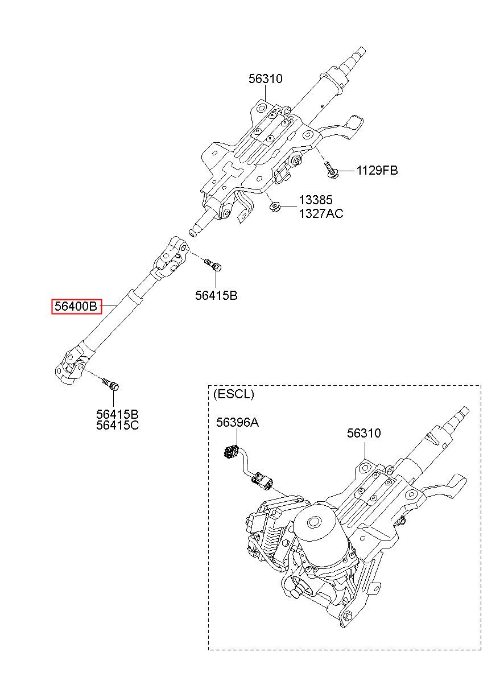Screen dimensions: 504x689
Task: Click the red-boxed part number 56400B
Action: (x=76, y=306)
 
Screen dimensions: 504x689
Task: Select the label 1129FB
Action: (x=377, y=170)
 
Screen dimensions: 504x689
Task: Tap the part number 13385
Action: (x=316, y=200)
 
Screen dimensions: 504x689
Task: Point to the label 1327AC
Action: (x=321, y=213)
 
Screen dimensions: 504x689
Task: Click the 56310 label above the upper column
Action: (x=266, y=79)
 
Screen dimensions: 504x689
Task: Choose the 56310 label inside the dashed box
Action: (x=363, y=433)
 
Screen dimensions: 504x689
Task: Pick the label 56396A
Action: (x=237, y=422)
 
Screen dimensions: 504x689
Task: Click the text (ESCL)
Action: (x=234, y=394)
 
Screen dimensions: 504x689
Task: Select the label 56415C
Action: (x=117, y=426)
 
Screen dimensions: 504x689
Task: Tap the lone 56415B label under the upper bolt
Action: (x=216, y=296)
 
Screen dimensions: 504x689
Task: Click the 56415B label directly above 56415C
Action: (x=117, y=414)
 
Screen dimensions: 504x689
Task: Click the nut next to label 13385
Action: (x=274, y=206)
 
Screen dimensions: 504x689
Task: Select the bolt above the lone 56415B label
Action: (x=213, y=265)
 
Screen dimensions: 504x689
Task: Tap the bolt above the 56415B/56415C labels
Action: (x=110, y=385)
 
